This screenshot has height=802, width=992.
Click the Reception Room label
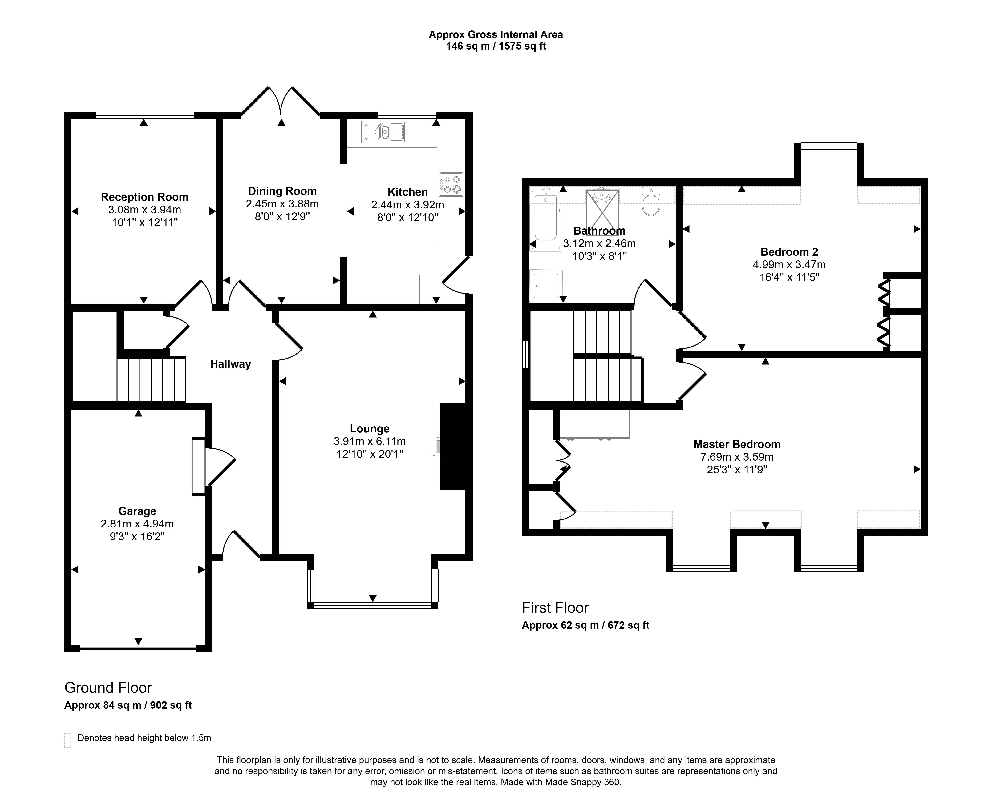(145, 197)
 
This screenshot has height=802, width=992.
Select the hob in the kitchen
(451, 184)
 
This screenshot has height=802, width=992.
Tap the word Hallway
(231, 364)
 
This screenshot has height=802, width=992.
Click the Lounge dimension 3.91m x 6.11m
(370, 441)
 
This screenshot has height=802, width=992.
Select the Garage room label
(137, 511)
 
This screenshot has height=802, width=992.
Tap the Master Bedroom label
(737, 444)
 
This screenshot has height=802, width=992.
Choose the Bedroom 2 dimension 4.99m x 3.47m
(789, 265)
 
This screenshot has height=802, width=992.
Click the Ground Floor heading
(108, 688)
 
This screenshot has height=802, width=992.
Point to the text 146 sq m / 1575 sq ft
(496, 46)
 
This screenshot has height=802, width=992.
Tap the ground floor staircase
(151, 379)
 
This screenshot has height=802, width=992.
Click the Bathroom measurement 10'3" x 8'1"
(600, 256)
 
